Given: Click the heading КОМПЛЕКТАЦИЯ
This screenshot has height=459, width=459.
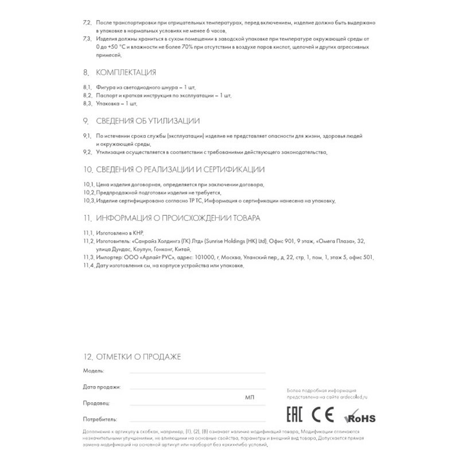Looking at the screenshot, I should tap(126, 73).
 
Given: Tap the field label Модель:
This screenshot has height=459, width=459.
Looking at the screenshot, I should tap(94, 372).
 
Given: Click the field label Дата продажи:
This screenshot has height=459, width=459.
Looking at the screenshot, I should tap(102, 387).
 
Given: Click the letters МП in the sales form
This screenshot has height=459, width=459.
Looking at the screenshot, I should tap(249, 397).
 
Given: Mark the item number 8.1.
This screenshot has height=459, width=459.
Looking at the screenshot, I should tap(87, 88).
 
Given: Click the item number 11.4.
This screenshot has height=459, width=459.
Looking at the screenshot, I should tap(88, 266).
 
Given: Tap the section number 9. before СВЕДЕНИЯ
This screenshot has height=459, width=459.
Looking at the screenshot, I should tap(85, 121).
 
